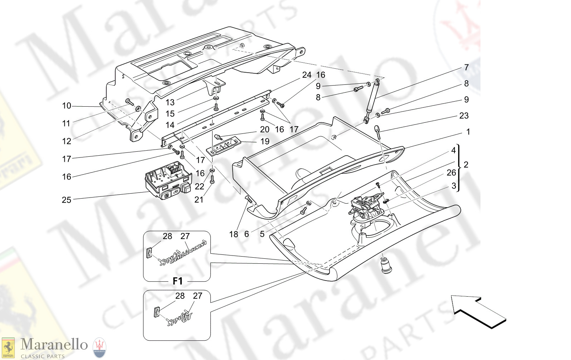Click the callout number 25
point(67,200)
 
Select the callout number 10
point(67,106)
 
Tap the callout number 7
point(466,67)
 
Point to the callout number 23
point(464,116)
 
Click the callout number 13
point(170,102)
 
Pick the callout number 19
point(265,141)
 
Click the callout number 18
point(233,234)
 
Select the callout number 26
point(451,172)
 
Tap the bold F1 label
point(177,281)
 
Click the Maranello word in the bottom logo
point(54,344)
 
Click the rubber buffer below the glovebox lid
point(386,265)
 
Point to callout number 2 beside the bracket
point(466,165)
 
